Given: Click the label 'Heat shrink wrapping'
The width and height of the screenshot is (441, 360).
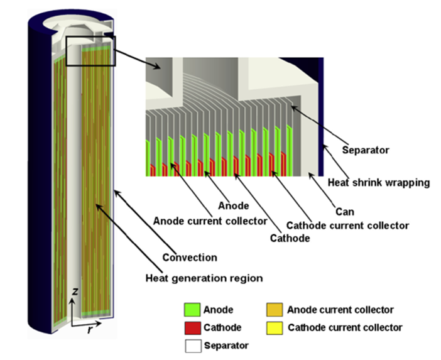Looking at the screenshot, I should [x=379, y=183].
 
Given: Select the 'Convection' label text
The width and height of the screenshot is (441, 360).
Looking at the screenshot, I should [x=190, y=257].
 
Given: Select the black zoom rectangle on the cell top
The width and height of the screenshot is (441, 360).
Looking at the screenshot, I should [x=90, y=51].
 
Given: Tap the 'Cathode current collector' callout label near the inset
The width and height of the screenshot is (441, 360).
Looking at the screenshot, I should [x=347, y=225].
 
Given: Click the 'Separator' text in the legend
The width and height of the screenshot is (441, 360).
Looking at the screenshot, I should [x=226, y=345].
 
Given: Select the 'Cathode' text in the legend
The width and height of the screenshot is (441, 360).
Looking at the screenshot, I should [x=222, y=327].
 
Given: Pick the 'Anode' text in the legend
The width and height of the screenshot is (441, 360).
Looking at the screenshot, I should [x=219, y=310].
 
